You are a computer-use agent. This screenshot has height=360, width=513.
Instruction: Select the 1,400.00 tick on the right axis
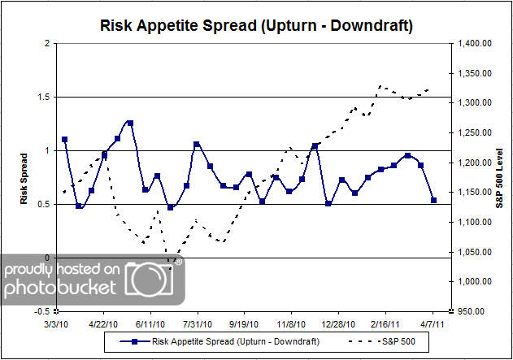476,43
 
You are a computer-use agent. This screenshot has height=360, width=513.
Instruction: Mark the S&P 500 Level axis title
498,176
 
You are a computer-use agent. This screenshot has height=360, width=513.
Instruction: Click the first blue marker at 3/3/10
65,140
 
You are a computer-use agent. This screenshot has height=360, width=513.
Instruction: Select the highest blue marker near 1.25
130,124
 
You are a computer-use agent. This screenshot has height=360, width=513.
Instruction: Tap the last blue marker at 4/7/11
434,200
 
